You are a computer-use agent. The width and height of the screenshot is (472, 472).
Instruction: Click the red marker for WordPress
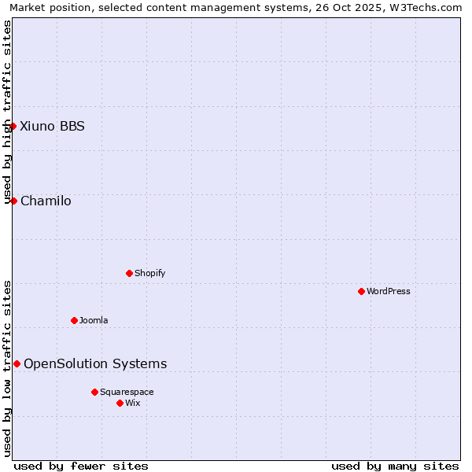(x=361, y=291)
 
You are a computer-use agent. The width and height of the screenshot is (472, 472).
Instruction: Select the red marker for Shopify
(x=129, y=273)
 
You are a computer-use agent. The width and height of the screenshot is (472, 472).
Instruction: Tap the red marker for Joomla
(x=74, y=320)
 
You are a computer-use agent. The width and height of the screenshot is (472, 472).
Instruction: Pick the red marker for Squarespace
(x=94, y=392)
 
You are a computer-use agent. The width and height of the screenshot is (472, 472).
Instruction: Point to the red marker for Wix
(x=120, y=403)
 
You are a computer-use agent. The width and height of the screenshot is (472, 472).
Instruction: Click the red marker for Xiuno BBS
(x=13, y=126)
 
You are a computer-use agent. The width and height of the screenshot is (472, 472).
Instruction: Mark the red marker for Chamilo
(x=13, y=201)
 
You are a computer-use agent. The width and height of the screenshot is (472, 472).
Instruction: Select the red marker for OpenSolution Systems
(x=17, y=363)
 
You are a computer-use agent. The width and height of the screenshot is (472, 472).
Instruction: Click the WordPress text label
(x=389, y=291)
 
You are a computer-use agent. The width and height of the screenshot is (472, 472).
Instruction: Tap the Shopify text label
(x=149, y=273)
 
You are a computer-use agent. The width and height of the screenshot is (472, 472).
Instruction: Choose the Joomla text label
(x=94, y=320)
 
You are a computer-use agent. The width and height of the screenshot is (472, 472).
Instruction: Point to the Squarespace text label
(x=127, y=392)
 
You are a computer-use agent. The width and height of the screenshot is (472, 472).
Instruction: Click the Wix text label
(x=133, y=403)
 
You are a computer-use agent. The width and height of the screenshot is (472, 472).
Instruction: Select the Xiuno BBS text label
(x=52, y=126)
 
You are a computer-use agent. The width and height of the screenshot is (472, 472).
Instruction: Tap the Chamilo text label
(x=46, y=201)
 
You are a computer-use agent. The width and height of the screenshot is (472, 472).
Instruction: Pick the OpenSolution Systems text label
(x=95, y=363)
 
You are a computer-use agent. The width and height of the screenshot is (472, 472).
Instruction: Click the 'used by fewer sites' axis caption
(x=81, y=466)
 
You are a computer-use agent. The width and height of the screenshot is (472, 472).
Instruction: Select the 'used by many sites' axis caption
(x=395, y=466)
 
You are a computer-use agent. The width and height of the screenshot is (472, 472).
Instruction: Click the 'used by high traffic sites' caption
(x=7, y=112)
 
